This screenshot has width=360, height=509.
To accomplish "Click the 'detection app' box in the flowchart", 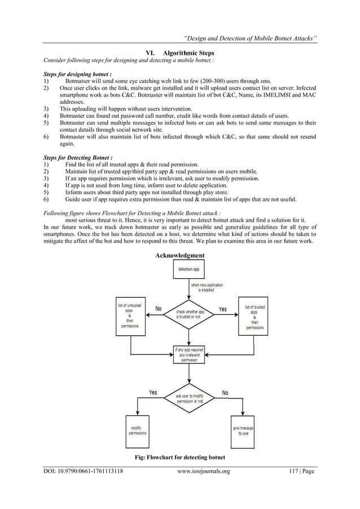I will (188, 270).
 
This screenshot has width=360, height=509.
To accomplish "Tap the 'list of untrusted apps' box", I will (130, 317).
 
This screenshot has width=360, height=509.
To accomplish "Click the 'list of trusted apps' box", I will (254, 316).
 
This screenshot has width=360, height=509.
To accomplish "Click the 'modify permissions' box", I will (138, 431).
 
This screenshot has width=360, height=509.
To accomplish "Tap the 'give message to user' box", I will (244, 431).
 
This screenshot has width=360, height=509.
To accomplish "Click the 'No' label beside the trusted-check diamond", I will (158, 309).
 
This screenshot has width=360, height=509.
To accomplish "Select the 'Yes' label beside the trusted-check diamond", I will (222, 309).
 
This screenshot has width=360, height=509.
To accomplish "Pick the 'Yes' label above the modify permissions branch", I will (152, 392).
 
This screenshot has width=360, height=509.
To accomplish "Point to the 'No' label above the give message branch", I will (225, 392).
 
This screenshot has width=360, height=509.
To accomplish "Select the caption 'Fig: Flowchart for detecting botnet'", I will (179, 457).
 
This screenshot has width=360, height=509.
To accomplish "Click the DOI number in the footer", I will (84, 471).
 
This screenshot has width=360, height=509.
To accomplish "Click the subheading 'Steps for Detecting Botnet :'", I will (78, 156).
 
